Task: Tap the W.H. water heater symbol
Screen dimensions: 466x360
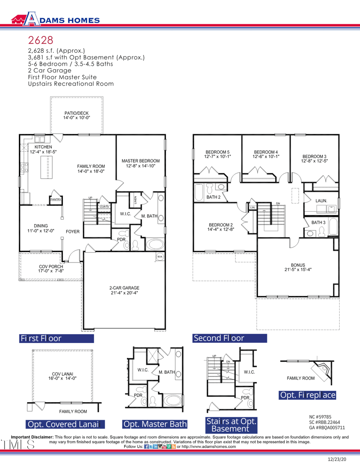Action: click(x=160, y=257)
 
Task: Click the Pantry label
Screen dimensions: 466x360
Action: click(x=56, y=199)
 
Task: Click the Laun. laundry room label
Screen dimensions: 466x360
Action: click(x=321, y=200)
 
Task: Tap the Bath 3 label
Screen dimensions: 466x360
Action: click(x=318, y=222)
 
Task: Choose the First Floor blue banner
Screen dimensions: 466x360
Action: click(x=57, y=338)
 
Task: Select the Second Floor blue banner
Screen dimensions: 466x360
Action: click(x=229, y=338)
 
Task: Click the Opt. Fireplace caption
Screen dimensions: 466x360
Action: click(x=308, y=395)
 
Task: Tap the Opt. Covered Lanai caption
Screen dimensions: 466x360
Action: click(x=66, y=424)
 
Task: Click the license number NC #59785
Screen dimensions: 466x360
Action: click(x=320, y=417)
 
